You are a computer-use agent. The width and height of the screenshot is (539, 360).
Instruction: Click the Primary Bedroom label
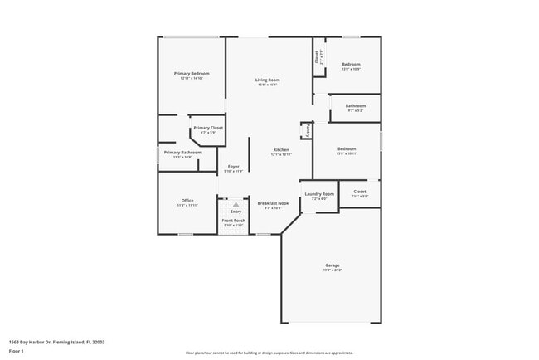(x=192, y=74)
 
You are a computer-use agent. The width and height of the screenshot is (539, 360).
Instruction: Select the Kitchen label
(x=281, y=150)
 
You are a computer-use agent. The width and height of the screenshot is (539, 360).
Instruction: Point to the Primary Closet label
(x=207, y=128)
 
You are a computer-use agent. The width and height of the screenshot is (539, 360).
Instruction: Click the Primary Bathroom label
(x=182, y=153)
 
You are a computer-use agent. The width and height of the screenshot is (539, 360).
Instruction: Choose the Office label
(x=187, y=201)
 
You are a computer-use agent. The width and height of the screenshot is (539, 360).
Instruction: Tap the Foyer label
(x=234, y=167)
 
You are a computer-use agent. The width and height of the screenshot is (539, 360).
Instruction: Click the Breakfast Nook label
(x=273, y=203)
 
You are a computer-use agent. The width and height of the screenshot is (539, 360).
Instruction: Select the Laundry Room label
(x=318, y=194)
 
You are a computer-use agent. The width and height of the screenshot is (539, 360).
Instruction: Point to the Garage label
(x=333, y=265)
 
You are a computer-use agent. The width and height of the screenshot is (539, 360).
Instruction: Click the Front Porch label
(x=233, y=221)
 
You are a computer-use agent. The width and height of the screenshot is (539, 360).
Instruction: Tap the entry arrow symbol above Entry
(x=236, y=203)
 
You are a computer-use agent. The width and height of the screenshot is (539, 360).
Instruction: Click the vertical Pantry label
(x=308, y=131)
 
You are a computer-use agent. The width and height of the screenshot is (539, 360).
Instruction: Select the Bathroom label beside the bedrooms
(x=356, y=105)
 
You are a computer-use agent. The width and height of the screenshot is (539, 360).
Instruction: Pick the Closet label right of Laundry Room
(x=359, y=192)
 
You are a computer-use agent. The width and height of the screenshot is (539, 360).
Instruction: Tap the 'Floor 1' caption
(x=17, y=351)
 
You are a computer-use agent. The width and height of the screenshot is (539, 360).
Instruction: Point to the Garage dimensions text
(x=333, y=270)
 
